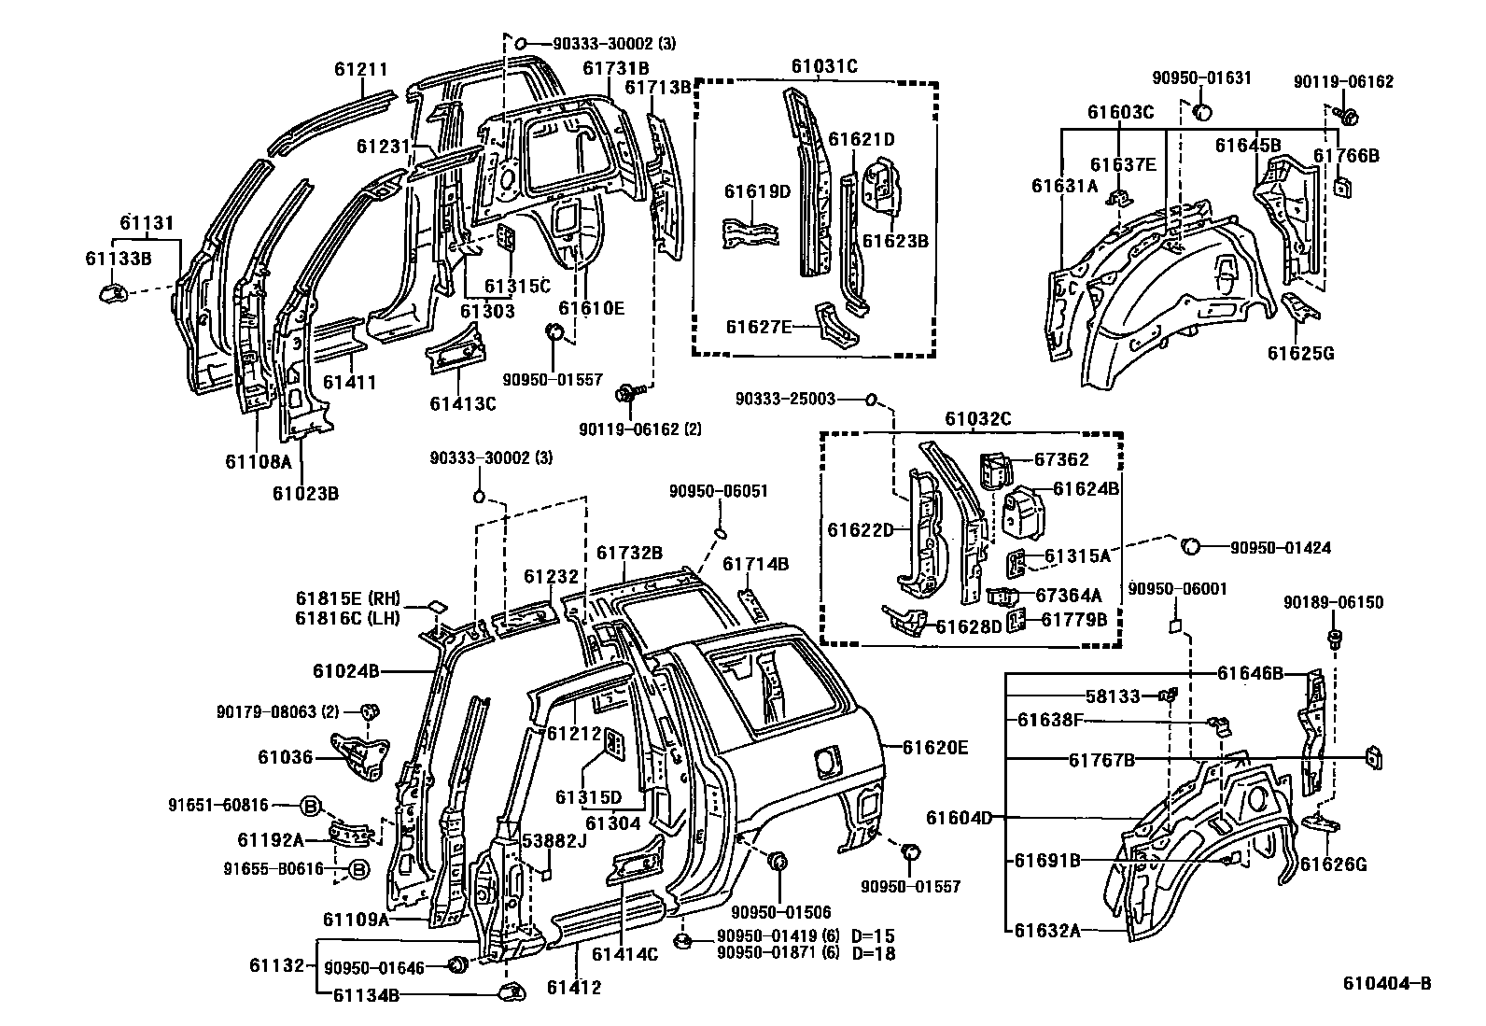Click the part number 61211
(360, 69)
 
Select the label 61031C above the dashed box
(824, 66)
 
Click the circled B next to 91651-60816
(312, 805)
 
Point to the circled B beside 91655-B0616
(358, 869)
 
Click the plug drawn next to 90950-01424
(1190, 546)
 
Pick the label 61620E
(936, 747)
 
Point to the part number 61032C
(977, 419)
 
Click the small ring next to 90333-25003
(870, 401)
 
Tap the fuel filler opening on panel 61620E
(825, 761)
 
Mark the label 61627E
(759, 326)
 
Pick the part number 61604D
(959, 818)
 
